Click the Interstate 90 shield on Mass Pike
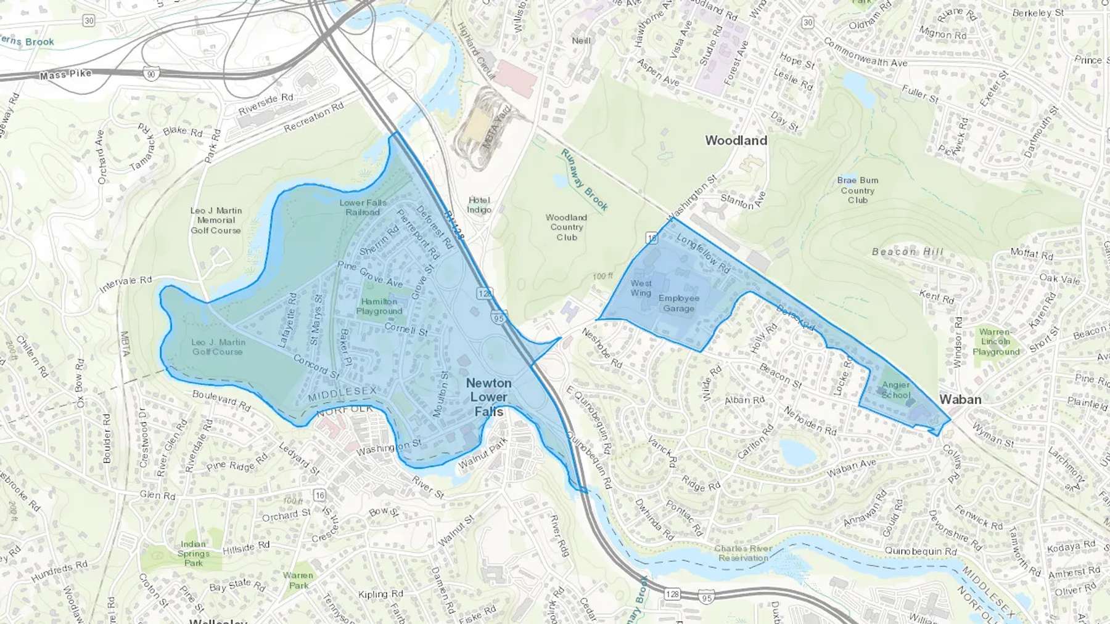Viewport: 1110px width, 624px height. pyautogui.click(x=152, y=74)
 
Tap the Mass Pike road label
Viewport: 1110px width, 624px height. pyautogui.click(x=66, y=75)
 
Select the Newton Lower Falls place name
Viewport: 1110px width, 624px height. pyautogui.click(x=488, y=397)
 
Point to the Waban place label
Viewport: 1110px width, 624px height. pyautogui.click(x=960, y=399)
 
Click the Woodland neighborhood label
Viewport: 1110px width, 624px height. pyautogui.click(x=736, y=140)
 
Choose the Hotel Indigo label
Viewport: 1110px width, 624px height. pyautogui.click(x=479, y=205)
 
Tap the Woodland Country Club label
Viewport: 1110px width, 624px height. pyautogui.click(x=566, y=227)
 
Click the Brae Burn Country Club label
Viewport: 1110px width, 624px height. pyautogui.click(x=857, y=190)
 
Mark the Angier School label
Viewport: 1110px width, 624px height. pyautogui.click(x=895, y=389)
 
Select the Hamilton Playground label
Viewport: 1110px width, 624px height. pyautogui.click(x=379, y=306)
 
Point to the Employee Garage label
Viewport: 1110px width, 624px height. pyautogui.click(x=678, y=303)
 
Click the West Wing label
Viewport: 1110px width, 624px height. pyautogui.click(x=641, y=288)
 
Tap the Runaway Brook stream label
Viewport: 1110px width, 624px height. pyautogui.click(x=584, y=180)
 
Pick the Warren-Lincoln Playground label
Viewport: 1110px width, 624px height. pyautogui.click(x=995, y=341)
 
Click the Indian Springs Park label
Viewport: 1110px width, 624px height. pyautogui.click(x=193, y=553)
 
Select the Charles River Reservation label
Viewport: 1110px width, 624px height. pyautogui.click(x=743, y=553)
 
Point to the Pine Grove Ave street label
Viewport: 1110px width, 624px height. pyautogui.click(x=370, y=274)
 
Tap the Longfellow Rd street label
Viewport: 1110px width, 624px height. pyautogui.click(x=703, y=253)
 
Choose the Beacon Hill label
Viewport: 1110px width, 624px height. pyautogui.click(x=907, y=251)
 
